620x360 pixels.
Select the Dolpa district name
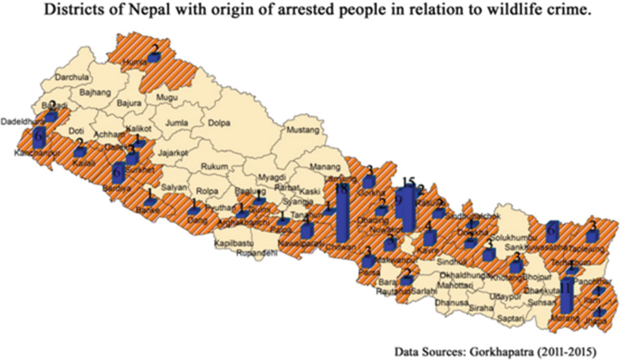tap(221, 122)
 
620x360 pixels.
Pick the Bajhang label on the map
tap(96, 93)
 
